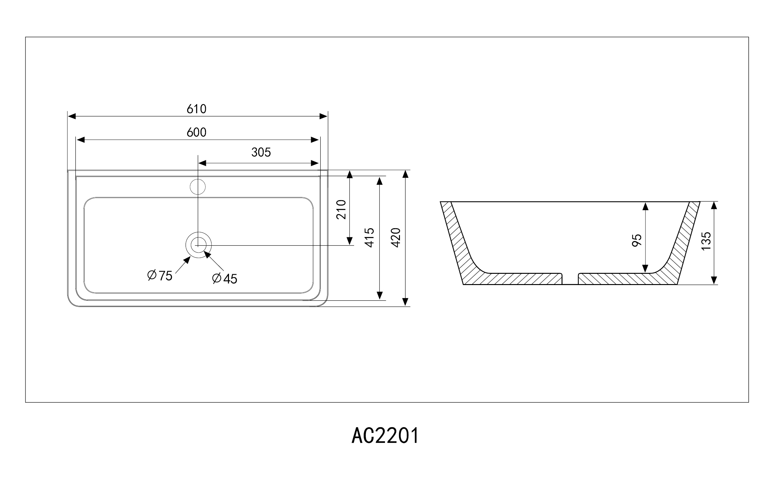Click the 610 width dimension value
point(197,109)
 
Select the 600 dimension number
point(197,133)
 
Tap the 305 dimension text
point(261,152)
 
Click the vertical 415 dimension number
point(369,238)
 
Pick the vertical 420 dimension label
point(396,238)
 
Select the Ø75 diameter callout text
point(160,275)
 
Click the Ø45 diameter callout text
point(225,278)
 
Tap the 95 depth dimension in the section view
point(637,240)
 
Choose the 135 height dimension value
point(706,241)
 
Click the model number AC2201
point(385,436)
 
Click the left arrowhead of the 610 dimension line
point(72,116)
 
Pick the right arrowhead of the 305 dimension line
point(315,163)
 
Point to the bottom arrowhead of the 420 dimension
point(405,302)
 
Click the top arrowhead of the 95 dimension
point(645,206)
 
